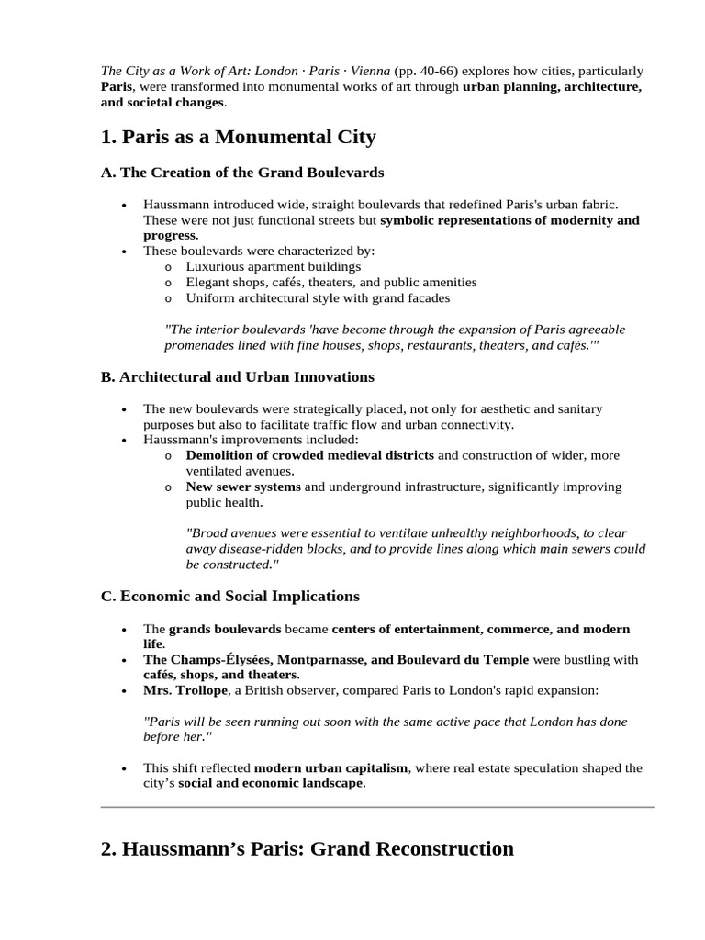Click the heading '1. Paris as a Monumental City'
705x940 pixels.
(238, 138)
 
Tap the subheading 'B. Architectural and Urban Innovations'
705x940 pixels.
(237, 377)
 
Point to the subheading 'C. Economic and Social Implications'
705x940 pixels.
(229, 597)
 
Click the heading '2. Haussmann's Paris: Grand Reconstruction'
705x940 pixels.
(307, 849)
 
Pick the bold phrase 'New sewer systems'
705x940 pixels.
(242, 487)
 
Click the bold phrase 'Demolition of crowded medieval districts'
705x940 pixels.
(310, 455)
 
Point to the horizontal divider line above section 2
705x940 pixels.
(377, 807)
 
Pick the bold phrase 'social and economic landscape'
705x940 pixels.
(270, 784)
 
